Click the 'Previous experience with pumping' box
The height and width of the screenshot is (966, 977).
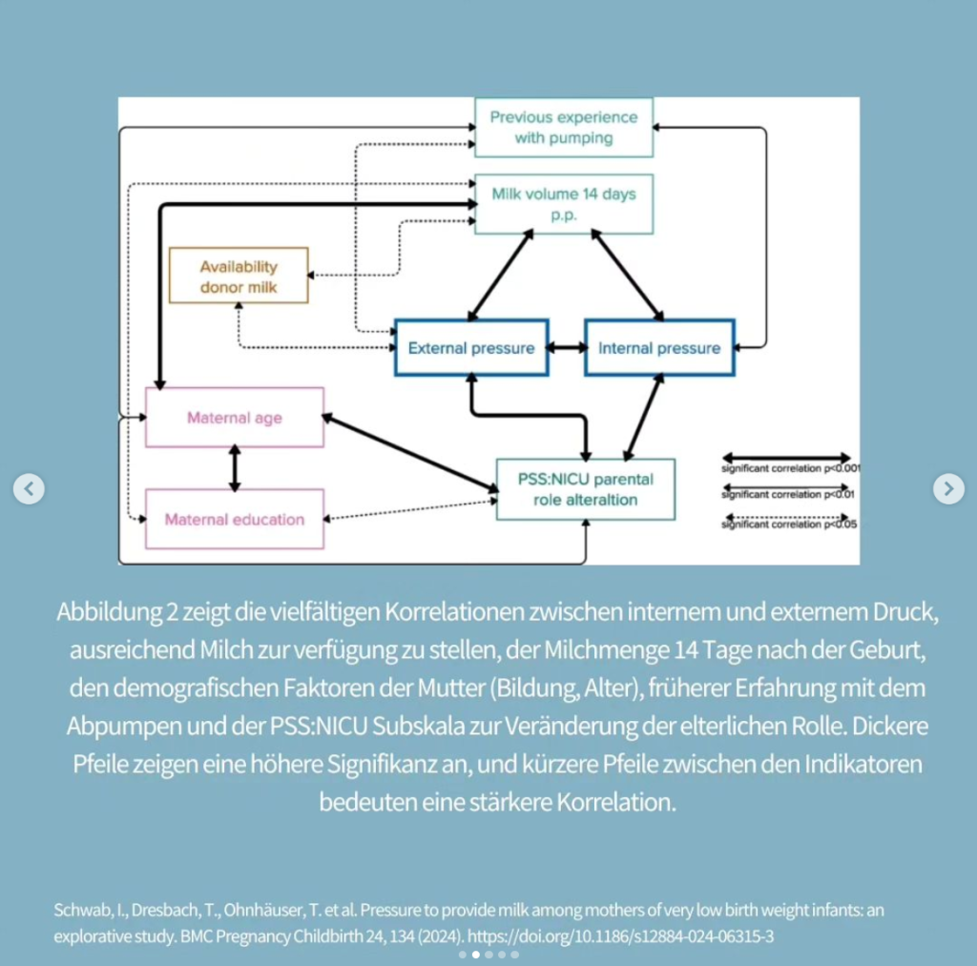point(563,127)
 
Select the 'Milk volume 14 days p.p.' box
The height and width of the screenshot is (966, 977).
point(563,203)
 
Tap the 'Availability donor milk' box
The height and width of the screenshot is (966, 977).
point(238,276)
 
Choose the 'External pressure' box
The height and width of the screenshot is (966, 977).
point(471,348)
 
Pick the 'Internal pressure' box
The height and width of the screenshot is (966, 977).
point(659,348)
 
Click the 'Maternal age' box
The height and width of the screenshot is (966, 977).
point(234,418)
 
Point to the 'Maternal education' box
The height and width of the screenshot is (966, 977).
point(234,520)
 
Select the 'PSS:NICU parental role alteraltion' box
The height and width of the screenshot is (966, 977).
point(585,489)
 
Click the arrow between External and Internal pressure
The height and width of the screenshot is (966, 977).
point(567,348)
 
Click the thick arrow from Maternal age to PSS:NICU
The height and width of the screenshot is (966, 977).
point(410,453)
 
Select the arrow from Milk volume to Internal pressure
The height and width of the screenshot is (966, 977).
point(628,276)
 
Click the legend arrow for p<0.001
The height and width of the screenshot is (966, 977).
point(785,458)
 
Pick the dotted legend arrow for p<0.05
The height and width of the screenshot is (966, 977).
point(785,521)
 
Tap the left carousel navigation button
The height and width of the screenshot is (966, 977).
point(29,489)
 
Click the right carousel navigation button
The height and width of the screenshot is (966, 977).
point(947,489)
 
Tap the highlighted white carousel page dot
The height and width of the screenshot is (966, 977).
point(476,955)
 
